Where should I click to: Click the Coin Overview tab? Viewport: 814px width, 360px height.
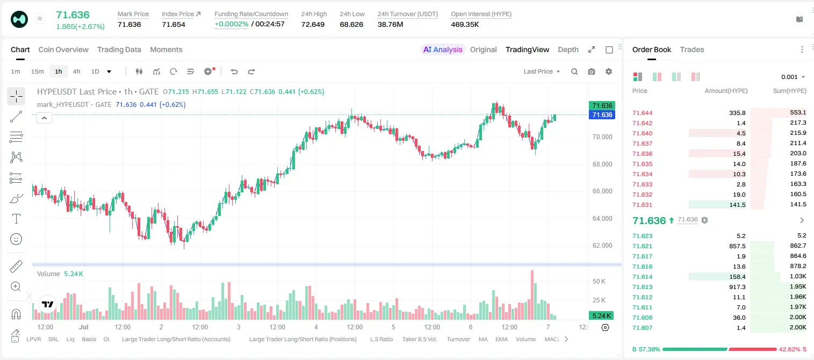tap(63, 49)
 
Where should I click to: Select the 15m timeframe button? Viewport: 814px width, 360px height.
tap(37, 71)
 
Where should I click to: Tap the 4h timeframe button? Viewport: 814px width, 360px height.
tap(76, 71)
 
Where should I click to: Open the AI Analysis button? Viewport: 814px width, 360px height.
tap(443, 49)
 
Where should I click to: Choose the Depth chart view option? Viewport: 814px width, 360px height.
tap(568, 49)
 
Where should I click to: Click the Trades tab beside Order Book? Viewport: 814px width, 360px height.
tap(692, 49)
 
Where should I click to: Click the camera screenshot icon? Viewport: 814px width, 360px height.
tap(592, 71)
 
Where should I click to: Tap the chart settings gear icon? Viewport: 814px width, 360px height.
tap(609, 71)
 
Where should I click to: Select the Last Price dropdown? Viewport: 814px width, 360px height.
tap(542, 71)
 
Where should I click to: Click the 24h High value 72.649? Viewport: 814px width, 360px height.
tap(313, 24)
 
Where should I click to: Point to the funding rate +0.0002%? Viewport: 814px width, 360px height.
tap(232, 24)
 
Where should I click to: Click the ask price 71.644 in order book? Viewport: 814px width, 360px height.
tap(643, 113)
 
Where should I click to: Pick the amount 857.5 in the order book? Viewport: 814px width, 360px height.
tap(737, 246)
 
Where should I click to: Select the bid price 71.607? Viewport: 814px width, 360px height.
tap(643, 328)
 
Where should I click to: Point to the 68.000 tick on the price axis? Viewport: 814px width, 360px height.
tap(602, 164)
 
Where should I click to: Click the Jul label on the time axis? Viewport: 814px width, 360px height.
tap(84, 327)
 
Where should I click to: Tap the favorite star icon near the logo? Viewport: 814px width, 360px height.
tap(40, 18)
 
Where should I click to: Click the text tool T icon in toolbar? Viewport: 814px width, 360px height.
tap(16, 219)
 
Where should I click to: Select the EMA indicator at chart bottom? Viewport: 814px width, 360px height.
tap(501, 339)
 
